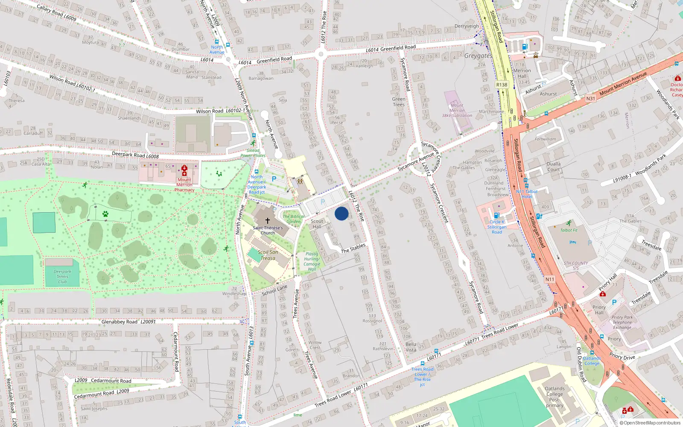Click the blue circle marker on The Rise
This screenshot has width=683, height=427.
(x=341, y=213)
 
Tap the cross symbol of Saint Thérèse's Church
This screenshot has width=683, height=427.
(x=268, y=221)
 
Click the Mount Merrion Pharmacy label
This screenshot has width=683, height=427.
(x=184, y=185)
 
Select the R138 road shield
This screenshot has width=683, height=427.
(x=502, y=85)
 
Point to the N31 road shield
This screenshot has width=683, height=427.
(x=590, y=98)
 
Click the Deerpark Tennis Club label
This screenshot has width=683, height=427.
(x=62, y=276)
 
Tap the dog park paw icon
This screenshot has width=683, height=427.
(x=105, y=214)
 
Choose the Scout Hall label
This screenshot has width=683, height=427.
(x=317, y=224)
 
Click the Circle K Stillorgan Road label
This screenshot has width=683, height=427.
(x=497, y=227)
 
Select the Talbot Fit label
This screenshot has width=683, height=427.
(x=569, y=230)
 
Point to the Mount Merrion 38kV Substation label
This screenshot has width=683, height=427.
(x=457, y=110)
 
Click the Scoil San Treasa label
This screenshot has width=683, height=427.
(x=268, y=255)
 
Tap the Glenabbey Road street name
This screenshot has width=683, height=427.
(x=120, y=322)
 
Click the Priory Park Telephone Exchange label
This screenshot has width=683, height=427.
(x=622, y=322)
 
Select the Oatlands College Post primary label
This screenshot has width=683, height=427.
(x=555, y=397)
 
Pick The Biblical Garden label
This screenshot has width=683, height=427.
(x=293, y=219)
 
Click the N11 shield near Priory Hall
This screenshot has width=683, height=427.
(x=549, y=279)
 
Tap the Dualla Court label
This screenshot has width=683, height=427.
(x=554, y=167)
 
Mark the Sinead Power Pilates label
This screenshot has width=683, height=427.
(x=253, y=153)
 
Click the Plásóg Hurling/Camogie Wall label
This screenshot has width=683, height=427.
(x=312, y=261)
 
